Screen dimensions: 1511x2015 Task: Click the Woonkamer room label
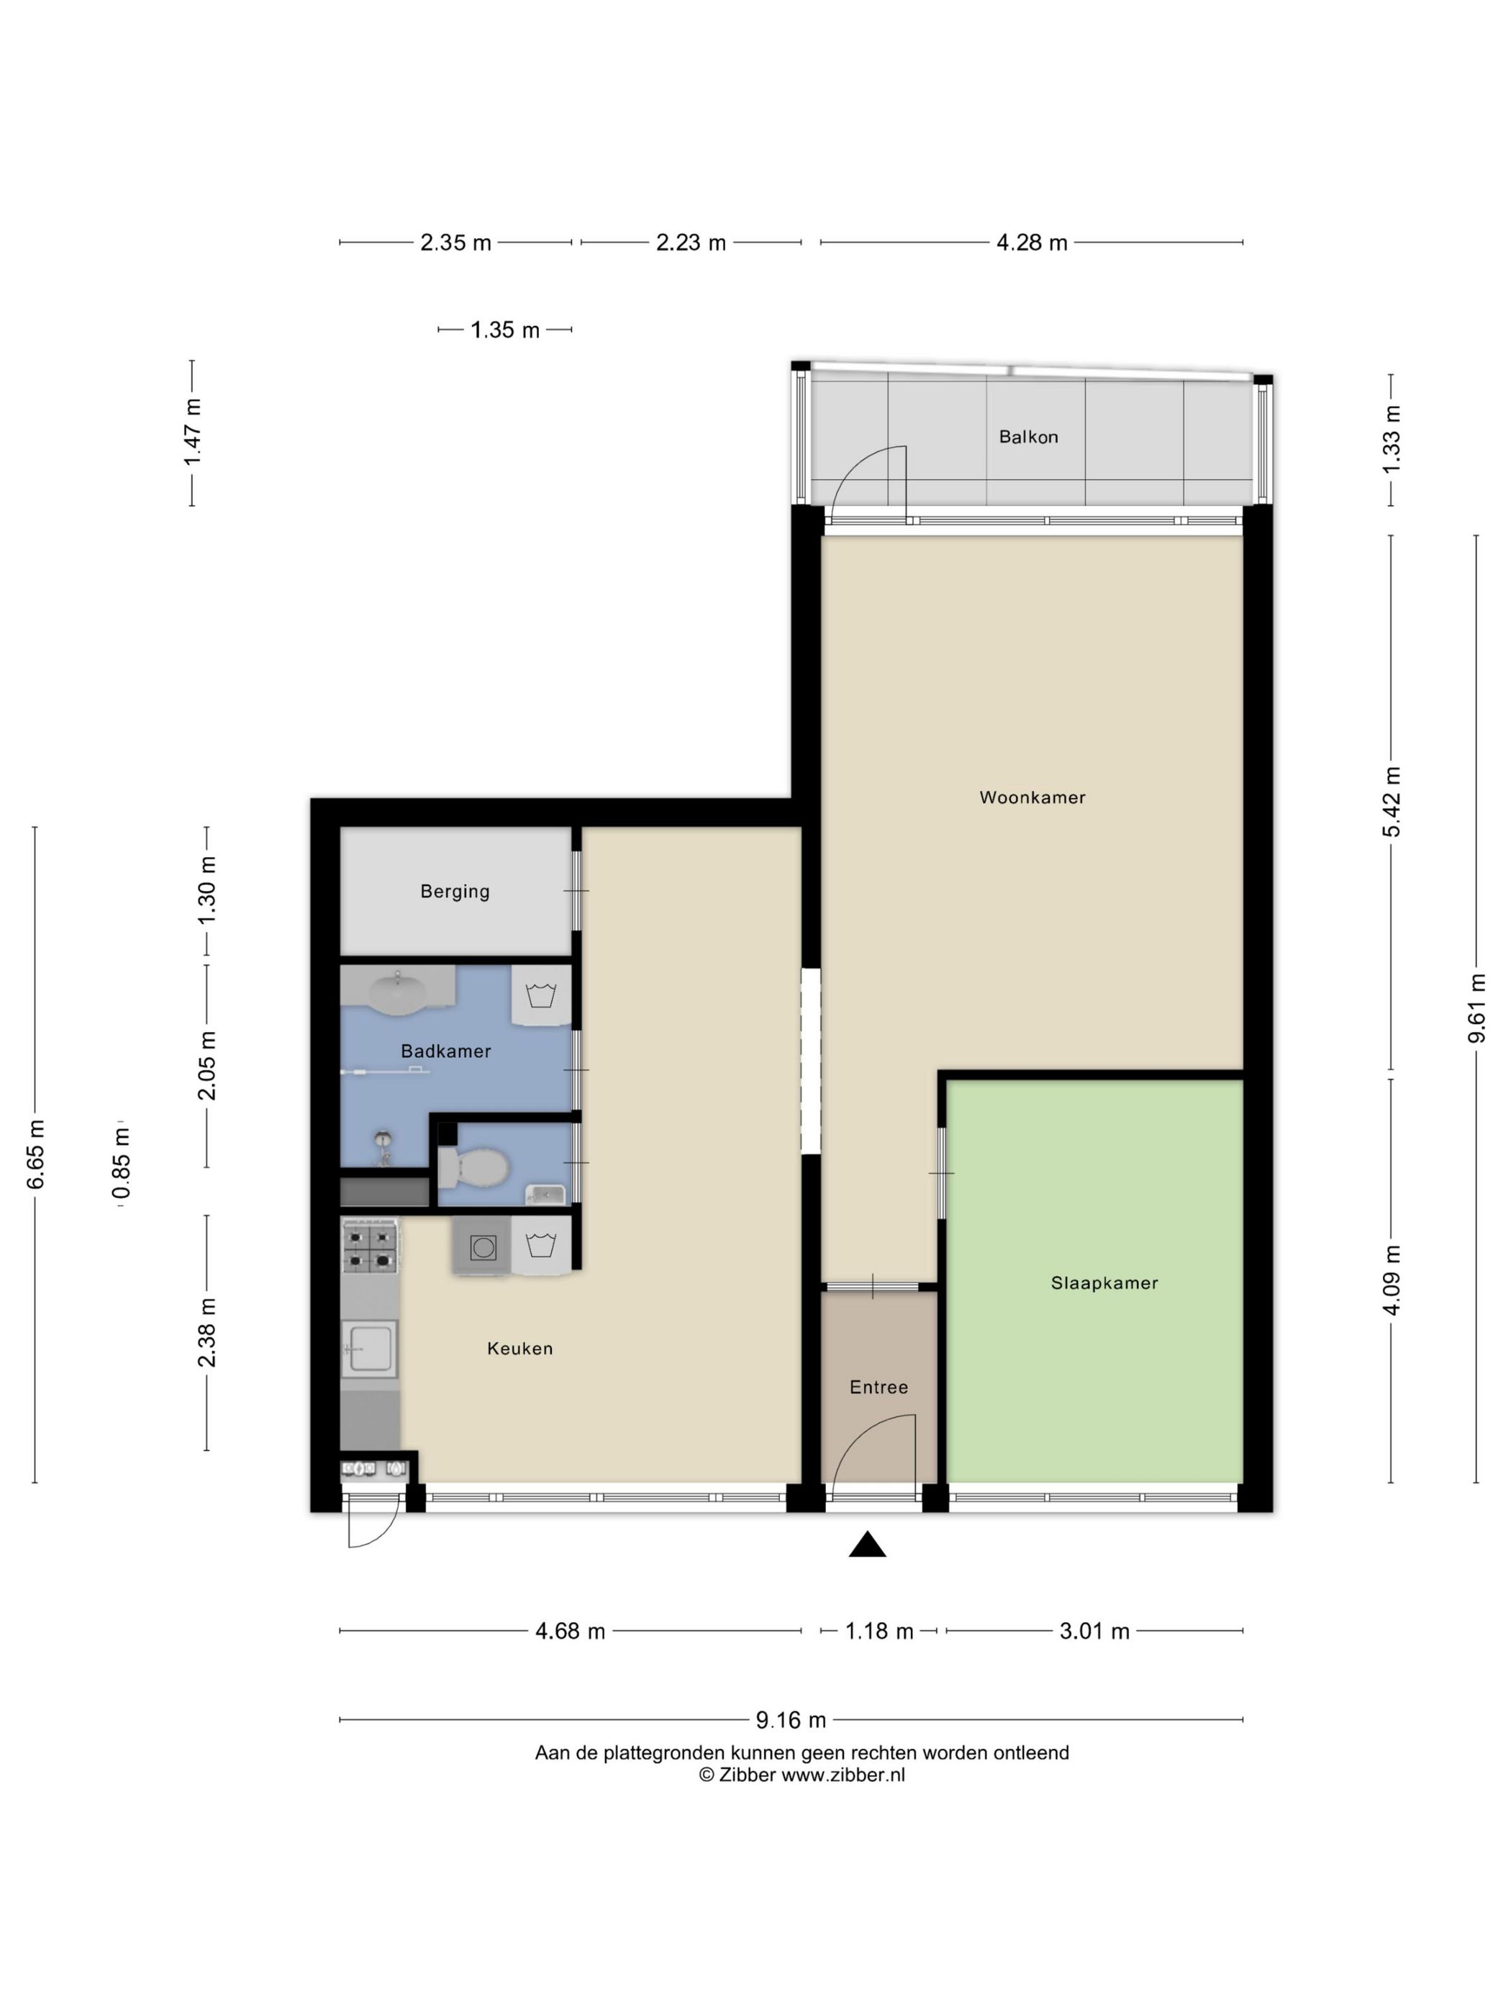pyautogui.click(x=1032, y=798)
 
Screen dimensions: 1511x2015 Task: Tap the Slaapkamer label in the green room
pyautogui.click(x=1104, y=1284)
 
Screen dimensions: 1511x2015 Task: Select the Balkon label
pyautogui.click(x=1028, y=438)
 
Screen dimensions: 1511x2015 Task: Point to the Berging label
pyautogui.click(x=455, y=892)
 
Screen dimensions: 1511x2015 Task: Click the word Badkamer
pyautogui.click(x=445, y=1051)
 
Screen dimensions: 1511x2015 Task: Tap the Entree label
pyautogui.click(x=878, y=1387)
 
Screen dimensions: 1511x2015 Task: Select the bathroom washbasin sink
pyautogui.click(x=398, y=991)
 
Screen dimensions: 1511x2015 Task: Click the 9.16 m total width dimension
pyautogui.click(x=791, y=1720)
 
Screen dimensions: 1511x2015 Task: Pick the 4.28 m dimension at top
pyautogui.click(x=1031, y=243)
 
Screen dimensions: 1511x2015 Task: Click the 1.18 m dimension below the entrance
pyautogui.click(x=879, y=1631)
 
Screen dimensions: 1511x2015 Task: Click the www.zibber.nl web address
pyautogui.click(x=843, y=1775)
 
